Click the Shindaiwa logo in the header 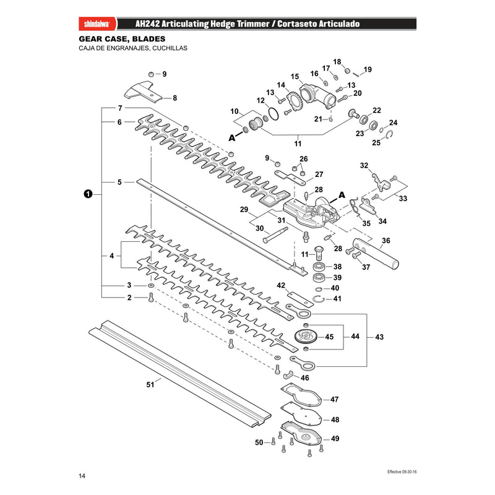coord(97,24)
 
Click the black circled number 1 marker coord(88,194)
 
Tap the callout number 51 coord(150,384)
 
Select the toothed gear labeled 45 coord(305,336)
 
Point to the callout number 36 coord(386,241)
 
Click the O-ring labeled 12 coord(273,114)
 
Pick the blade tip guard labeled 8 coord(144,91)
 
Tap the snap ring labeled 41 coord(319,299)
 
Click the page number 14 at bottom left coord(82,476)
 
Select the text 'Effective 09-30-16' coord(402,471)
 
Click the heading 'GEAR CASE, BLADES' coord(122,39)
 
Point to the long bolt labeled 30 coord(275,235)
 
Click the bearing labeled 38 coord(319,267)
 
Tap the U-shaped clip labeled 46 coord(288,376)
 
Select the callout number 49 coord(335,439)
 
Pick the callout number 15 coord(295,77)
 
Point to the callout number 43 coord(379,337)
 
